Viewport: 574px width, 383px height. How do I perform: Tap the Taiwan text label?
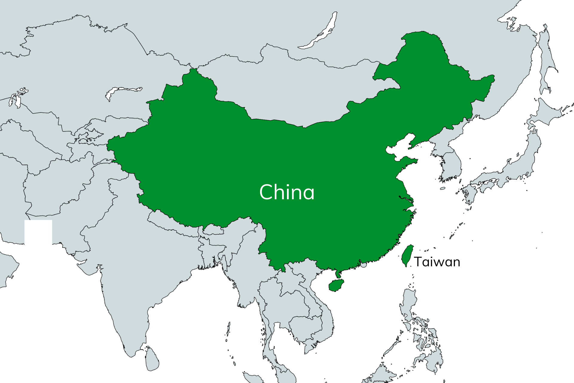pos(437,262)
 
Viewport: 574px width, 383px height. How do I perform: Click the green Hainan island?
pos(336,285)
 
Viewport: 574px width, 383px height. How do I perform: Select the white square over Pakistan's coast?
pos(38,232)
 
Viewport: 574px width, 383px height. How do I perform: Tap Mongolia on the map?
pos(299,90)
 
